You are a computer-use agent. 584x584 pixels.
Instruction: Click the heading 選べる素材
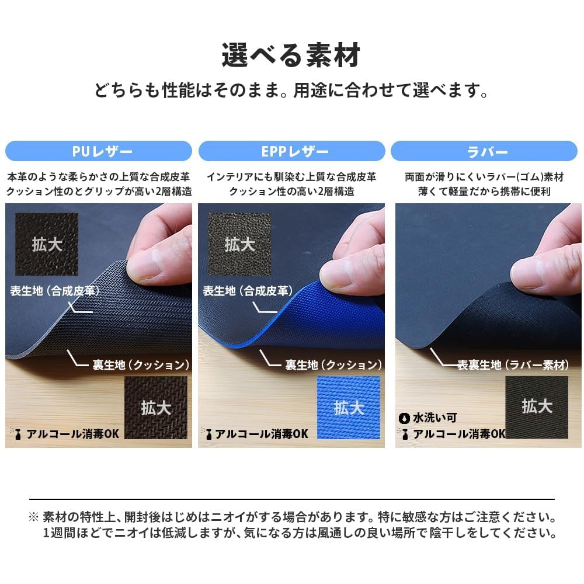click(291, 55)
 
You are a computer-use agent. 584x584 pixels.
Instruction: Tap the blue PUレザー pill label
click(99, 152)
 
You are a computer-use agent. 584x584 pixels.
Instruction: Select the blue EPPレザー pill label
click(291, 152)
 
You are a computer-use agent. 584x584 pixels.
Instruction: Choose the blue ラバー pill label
click(484, 152)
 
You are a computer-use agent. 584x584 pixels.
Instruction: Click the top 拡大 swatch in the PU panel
click(47, 243)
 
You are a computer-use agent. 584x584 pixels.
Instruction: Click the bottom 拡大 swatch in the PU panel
click(156, 407)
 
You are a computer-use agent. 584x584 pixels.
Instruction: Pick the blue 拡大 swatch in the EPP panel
click(349, 407)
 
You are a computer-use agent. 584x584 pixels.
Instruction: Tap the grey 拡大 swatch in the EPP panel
click(239, 243)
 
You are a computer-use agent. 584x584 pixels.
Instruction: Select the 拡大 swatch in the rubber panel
click(537, 405)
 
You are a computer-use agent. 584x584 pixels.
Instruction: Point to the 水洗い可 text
click(435, 418)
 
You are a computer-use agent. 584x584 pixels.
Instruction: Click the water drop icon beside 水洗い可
click(404, 418)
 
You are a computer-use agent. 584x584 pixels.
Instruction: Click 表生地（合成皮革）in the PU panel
click(55, 290)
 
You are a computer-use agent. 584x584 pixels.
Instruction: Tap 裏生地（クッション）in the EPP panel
click(333, 365)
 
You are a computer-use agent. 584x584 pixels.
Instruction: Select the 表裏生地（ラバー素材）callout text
click(513, 365)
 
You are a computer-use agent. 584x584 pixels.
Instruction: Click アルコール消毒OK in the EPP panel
click(261, 434)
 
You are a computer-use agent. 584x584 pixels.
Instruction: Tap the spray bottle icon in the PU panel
click(16, 434)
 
